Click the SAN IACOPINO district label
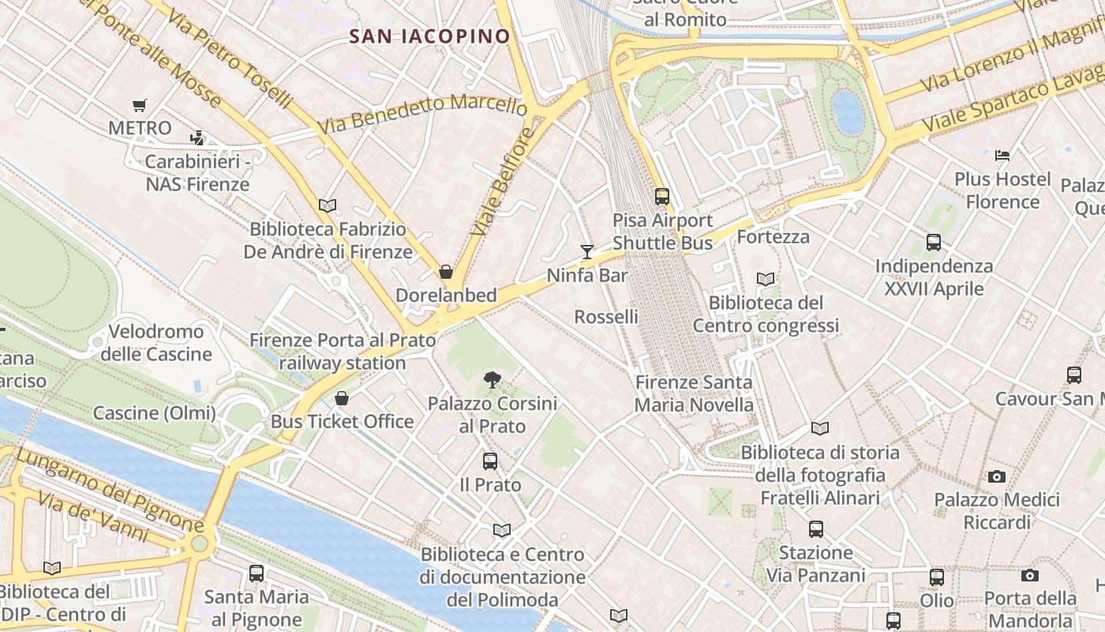coord(430,36)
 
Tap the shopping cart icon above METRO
coord(140,105)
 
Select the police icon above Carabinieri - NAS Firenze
coord(197,137)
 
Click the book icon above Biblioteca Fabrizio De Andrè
coord(328,205)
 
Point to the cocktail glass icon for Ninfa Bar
coord(586,252)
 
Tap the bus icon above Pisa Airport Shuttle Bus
coord(661,197)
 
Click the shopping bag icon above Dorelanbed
coord(446,272)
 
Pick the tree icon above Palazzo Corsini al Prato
coord(493,380)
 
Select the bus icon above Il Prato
coord(490,461)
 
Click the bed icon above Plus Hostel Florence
coord(1002,156)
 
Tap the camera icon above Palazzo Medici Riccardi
coord(997,476)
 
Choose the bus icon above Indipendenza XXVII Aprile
coord(934,243)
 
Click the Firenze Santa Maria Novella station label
coord(695,393)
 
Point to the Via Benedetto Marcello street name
coord(422,114)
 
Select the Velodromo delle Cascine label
coord(155,342)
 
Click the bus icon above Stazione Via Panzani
coord(815,529)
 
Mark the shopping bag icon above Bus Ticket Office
coord(342,398)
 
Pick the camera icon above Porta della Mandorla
coord(1029,575)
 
